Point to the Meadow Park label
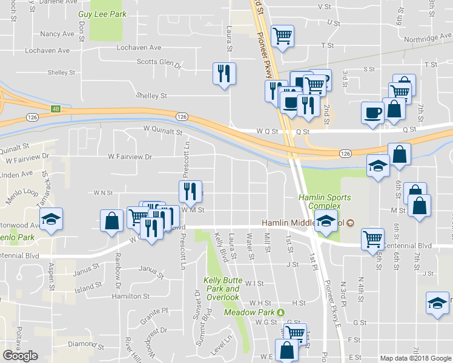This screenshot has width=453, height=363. [250, 312]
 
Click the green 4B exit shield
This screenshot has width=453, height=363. [56, 109]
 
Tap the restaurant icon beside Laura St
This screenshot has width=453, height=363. [224, 74]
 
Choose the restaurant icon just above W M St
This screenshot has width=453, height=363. [190, 191]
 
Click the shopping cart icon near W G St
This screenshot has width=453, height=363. [295, 332]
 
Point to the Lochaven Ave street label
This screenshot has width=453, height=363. [139, 47]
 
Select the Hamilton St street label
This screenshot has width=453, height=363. [130, 296]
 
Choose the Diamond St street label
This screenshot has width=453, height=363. [82, 344]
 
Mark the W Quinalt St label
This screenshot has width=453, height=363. [162, 130]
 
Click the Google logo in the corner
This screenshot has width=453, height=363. [20, 356]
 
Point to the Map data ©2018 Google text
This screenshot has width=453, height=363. [415, 358]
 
